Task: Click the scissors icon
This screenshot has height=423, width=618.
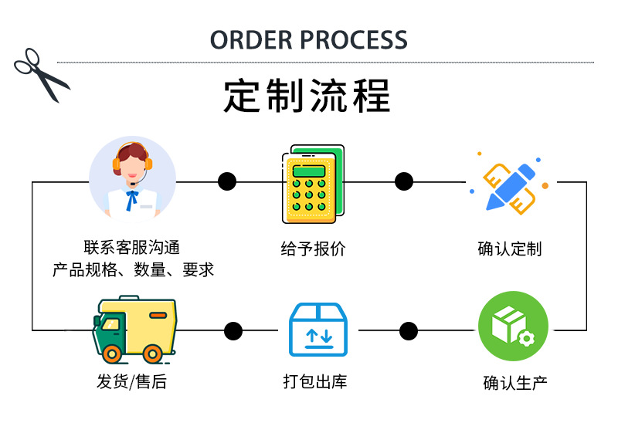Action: pyautogui.click(x=41, y=74)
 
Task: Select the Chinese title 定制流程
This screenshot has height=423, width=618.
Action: pyautogui.click(x=307, y=96)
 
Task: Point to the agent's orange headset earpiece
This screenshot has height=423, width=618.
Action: pyautogui.click(x=117, y=163)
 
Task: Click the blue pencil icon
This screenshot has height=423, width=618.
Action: pyautogui.click(x=510, y=182)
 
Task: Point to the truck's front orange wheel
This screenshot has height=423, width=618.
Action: pyautogui.click(x=113, y=354)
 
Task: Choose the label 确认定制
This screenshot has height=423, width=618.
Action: pyautogui.click(x=510, y=249)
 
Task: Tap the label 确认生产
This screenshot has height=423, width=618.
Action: pyautogui.click(x=515, y=383)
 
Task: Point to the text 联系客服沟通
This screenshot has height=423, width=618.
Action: pyautogui.click(x=132, y=248)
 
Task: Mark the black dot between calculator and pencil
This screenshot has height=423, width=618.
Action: pyautogui.click(x=404, y=181)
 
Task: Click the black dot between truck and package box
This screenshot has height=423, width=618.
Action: pyautogui.click(x=233, y=331)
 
